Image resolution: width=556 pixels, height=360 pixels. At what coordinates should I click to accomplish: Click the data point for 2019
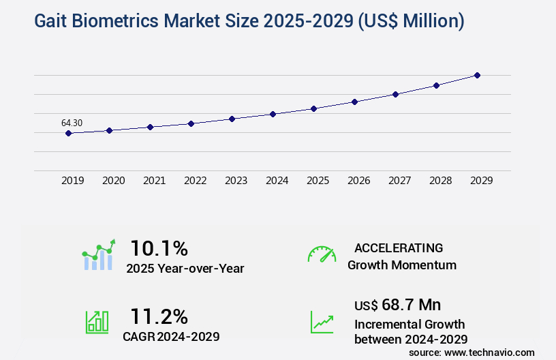coord(68,133)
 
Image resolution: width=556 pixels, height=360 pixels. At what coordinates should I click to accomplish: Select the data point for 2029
coord(477,75)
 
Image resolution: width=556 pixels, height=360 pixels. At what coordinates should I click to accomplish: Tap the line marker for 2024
coord(273,114)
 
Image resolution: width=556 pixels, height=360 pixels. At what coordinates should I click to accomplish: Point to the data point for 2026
coord(354,102)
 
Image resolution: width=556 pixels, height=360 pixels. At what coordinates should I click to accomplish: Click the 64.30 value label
coord(72,123)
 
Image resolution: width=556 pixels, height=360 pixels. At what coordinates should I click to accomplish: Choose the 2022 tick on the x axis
coord(195,181)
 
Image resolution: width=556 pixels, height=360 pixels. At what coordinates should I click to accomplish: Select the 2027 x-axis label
coord(399,181)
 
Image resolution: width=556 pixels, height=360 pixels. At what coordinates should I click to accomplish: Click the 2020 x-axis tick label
coord(113,181)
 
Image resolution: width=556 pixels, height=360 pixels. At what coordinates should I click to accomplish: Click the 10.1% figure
coord(159,247)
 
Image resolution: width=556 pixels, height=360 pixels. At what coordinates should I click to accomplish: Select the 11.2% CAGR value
coord(159,316)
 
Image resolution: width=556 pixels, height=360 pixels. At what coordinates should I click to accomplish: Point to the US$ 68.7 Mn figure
coord(397,304)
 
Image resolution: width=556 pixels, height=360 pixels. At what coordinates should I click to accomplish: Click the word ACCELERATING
coord(399,247)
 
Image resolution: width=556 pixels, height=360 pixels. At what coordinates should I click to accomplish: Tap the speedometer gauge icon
coord(322,254)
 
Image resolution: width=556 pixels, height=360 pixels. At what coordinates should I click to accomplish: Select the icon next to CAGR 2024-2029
coord(97,322)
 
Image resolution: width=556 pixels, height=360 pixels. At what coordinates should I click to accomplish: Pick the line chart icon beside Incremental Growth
coord(322,322)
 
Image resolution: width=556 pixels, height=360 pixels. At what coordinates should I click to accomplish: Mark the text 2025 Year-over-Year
coord(185,269)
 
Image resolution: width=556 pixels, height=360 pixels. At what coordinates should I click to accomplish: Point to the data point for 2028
coord(436,85)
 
